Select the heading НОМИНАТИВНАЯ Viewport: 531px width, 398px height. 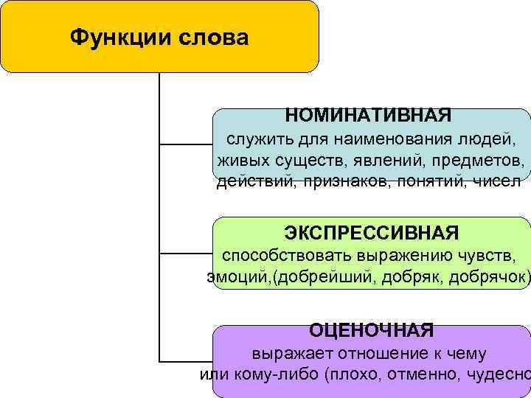click(368, 115)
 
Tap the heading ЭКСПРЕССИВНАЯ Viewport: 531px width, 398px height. click(372, 233)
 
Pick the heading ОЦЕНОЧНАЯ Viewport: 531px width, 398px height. click(371, 330)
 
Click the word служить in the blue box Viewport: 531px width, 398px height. click(254, 139)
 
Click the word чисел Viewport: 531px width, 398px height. click(498, 182)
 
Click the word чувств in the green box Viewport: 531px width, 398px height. click(488, 256)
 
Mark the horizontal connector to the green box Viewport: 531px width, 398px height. click(186, 253)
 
